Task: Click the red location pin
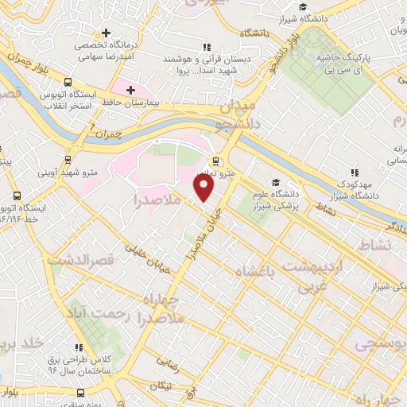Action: [x=204, y=188]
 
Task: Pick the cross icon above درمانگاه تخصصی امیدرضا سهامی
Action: [x=105, y=33]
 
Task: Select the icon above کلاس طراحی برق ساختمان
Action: [x=79, y=347]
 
